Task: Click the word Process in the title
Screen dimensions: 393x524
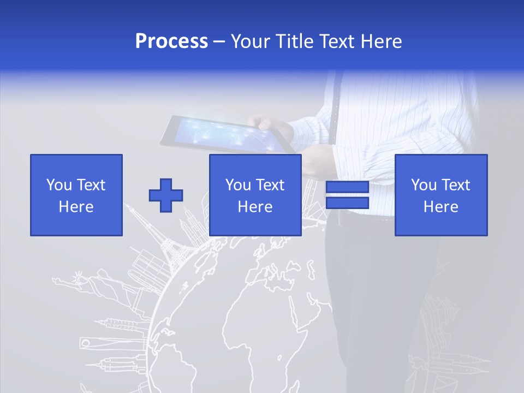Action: tap(171, 41)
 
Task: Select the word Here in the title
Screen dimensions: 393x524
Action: tap(381, 41)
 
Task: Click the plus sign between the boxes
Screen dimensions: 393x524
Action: tap(166, 195)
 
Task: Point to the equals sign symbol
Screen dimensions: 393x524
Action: tap(347, 195)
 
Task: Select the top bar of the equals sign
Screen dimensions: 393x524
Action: tap(347, 187)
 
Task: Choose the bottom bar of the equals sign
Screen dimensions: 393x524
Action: tap(347, 203)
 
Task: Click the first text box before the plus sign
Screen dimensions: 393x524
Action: tap(76, 195)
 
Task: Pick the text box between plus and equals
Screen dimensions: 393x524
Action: tap(255, 195)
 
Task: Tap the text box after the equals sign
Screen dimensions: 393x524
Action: tap(441, 195)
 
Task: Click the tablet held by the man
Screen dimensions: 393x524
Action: tap(227, 134)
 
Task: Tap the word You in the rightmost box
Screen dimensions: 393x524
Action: tap(423, 185)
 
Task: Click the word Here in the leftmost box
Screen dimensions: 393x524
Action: tap(76, 207)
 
